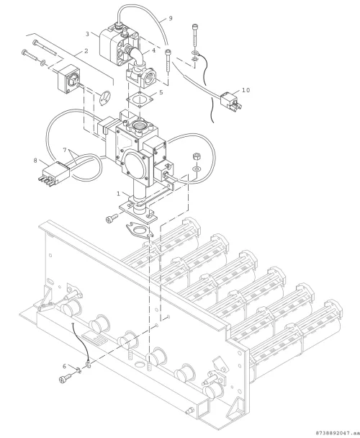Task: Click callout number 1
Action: point(118,193)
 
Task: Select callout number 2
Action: point(86,51)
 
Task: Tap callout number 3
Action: point(87,34)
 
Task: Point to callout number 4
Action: point(153,50)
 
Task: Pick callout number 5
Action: point(161,92)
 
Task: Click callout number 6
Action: point(64,366)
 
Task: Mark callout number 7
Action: point(65,151)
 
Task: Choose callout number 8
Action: point(35,161)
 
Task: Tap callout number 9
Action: point(171,19)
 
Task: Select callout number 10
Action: point(246,90)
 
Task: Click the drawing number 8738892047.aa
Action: point(336,433)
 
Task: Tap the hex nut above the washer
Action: point(197,156)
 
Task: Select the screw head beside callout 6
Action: point(63,380)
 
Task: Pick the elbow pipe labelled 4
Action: point(138,58)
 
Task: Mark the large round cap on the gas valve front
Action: point(135,161)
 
